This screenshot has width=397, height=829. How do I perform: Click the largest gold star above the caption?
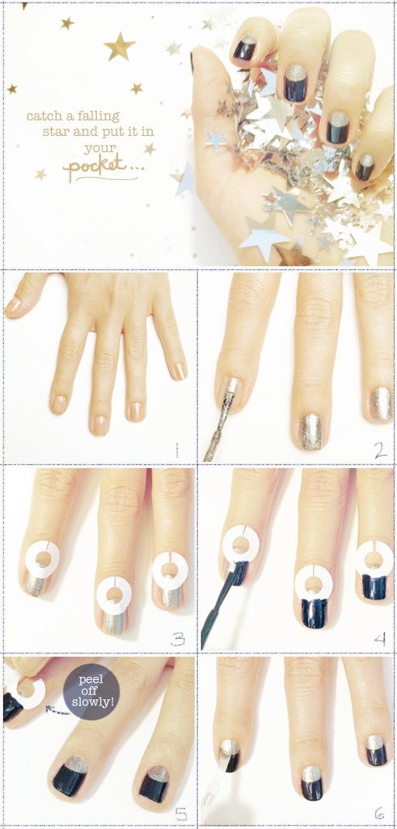point(119,46)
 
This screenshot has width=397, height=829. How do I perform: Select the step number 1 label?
point(177,450)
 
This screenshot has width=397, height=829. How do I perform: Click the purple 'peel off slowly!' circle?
point(91,692)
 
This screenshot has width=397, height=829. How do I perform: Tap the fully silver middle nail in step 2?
point(310,431)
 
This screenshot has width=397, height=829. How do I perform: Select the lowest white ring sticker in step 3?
point(114,595)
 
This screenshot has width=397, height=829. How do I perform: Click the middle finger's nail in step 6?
point(312,782)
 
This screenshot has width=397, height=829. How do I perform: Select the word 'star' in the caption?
point(53,132)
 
